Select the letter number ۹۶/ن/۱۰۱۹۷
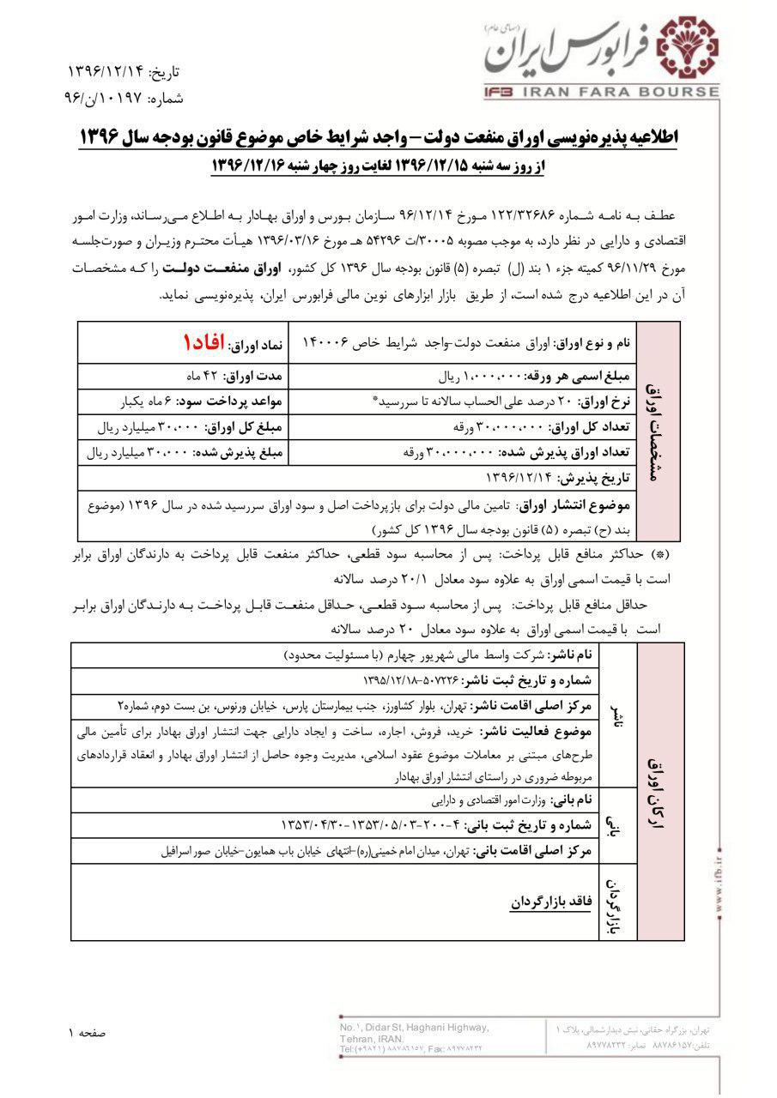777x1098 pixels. point(106,99)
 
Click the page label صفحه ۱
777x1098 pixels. point(87,1033)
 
